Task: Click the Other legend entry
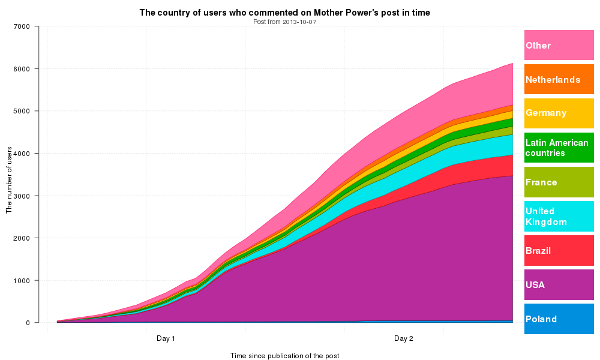coord(559,45)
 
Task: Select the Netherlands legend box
coord(559,79)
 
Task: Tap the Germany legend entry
coord(559,113)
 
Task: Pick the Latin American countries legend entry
coord(559,148)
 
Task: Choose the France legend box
coord(559,182)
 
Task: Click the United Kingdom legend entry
coord(559,216)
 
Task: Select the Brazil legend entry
coord(559,250)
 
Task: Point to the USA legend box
coord(559,284)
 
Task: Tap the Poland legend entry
coord(559,319)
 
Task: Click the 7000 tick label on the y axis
coord(22,26)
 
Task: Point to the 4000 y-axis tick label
coord(22,154)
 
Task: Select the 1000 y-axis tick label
coord(22,280)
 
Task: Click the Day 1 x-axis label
coord(166,338)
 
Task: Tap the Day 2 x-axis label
coord(403,338)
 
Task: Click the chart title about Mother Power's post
coord(284,13)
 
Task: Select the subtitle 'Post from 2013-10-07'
coord(284,22)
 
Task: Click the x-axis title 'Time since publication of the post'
coord(284,356)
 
